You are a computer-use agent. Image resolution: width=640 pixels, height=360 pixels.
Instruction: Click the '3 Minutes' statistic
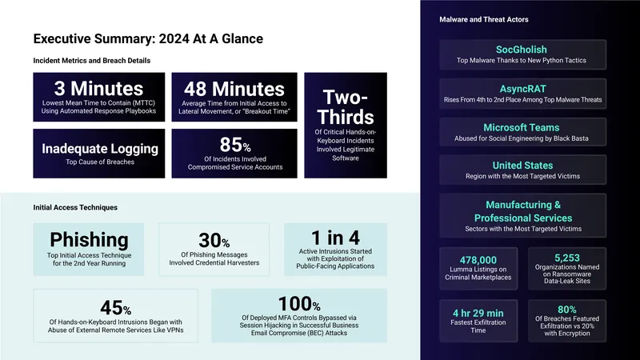click(x=98, y=89)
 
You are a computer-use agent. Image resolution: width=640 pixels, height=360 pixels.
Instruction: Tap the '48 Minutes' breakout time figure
click(x=234, y=89)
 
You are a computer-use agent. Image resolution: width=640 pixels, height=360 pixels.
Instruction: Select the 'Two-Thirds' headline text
click(x=346, y=107)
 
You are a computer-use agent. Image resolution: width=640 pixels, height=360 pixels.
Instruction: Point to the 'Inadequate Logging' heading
click(x=100, y=149)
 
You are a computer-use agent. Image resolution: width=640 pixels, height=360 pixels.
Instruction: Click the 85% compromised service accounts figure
click(x=235, y=145)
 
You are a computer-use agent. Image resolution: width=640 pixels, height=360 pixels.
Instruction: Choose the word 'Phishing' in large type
click(x=89, y=239)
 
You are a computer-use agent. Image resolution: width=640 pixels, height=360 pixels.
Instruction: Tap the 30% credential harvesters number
click(x=214, y=241)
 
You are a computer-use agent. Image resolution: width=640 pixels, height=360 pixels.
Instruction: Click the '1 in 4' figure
click(x=335, y=238)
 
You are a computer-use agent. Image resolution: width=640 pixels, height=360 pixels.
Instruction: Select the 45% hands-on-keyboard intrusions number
click(x=115, y=308)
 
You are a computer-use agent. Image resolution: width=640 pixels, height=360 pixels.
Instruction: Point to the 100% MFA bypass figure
click(x=299, y=304)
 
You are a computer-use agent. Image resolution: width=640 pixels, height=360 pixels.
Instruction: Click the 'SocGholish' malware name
click(x=522, y=50)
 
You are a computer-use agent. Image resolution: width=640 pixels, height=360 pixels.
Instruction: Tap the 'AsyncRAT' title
click(x=523, y=89)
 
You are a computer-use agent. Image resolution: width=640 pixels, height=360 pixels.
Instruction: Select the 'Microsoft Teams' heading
click(x=522, y=128)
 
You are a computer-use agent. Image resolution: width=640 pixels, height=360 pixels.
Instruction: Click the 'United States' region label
click(x=523, y=166)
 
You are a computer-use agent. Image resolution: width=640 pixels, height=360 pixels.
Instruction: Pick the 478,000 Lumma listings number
click(x=478, y=260)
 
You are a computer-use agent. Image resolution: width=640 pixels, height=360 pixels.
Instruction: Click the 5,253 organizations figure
click(x=567, y=258)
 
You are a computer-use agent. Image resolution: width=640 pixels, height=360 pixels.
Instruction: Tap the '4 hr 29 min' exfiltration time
click(x=478, y=313)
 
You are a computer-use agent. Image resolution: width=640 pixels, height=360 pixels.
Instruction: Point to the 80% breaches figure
click(x=567, y=310)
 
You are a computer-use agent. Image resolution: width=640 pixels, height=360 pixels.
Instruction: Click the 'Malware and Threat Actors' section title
click(x=484, y=19)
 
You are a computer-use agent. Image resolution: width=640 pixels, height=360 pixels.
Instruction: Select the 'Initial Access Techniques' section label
click(x=75, y=207)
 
